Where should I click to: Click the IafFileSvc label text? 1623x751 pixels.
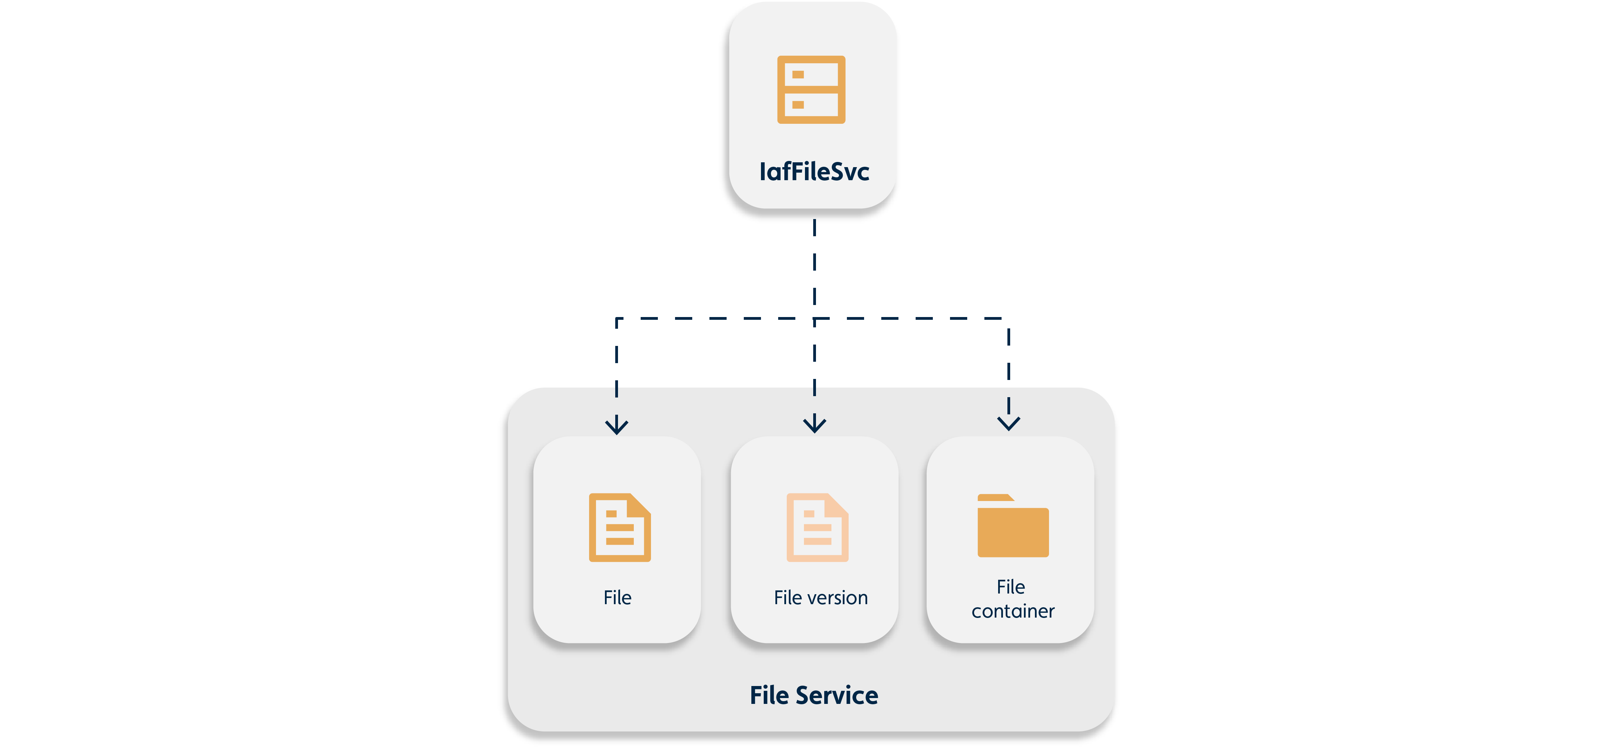point(814,172)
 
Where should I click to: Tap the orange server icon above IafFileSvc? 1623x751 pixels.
point(811,89)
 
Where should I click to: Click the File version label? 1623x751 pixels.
point(820,597)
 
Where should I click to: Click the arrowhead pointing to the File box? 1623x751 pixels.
point(616,426)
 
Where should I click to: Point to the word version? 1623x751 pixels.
point(838,597)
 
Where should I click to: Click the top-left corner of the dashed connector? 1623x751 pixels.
point(617,319)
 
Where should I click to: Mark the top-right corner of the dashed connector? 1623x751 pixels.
point(1008,319)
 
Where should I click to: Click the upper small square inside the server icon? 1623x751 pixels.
point(798,74)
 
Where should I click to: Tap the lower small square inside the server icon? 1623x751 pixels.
point(798,105)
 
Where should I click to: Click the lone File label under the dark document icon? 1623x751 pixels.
point(617,597)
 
